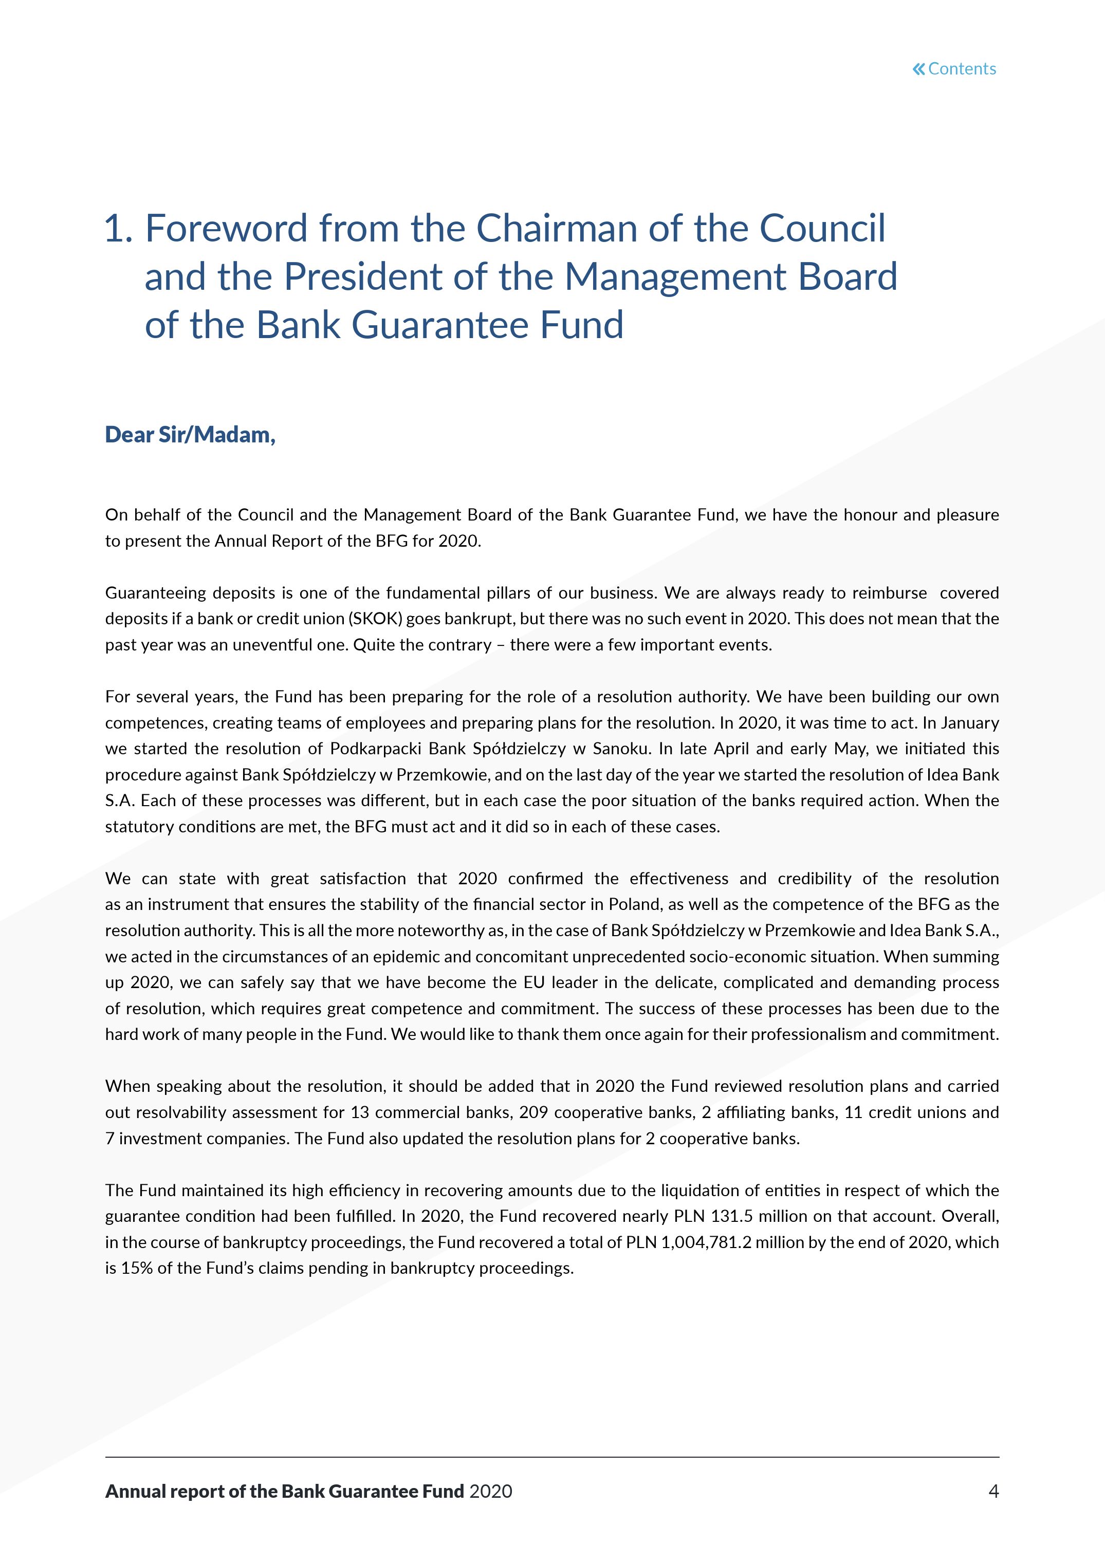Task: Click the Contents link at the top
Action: click(962, 69)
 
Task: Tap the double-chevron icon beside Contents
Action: click(918, 69)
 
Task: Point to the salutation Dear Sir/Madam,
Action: click(190, 434)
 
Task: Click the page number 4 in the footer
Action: click(993, 1491)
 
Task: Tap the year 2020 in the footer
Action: click(491, 1491)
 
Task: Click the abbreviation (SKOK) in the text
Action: click(375, 619)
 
